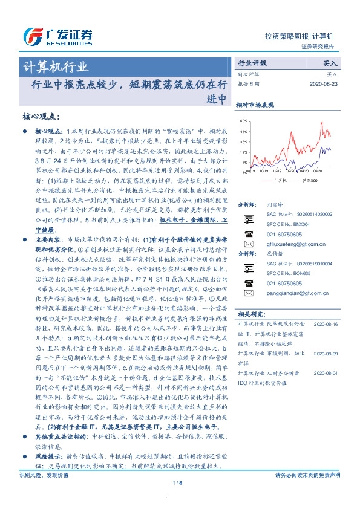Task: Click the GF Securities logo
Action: (58, 36)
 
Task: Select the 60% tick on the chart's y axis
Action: (243, 122)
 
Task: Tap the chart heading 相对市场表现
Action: (254, 105)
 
